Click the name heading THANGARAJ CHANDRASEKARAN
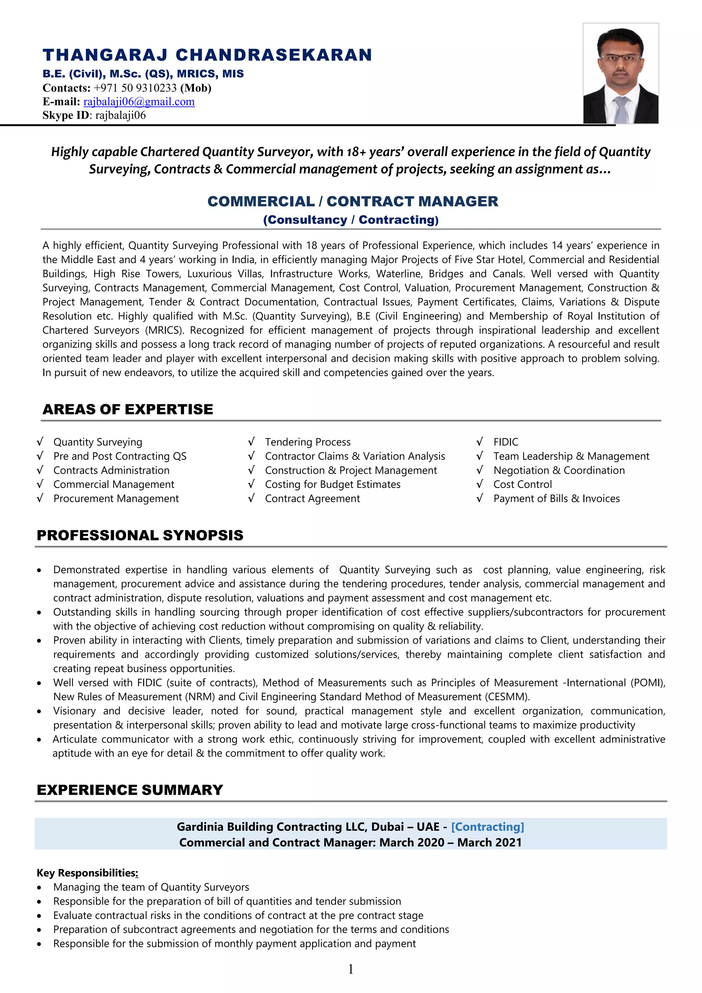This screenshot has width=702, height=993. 207,55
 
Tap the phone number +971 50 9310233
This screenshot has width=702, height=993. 135,88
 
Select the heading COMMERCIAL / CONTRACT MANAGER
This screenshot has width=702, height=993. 353,201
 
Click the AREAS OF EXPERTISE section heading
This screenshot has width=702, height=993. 128,409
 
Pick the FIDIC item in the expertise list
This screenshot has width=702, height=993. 505,442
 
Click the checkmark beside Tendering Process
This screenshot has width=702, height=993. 251,442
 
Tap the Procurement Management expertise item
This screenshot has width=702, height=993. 116,499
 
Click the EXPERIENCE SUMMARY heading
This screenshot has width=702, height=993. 130,790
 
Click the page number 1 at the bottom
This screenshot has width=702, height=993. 351,969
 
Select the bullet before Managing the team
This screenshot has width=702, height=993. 39,887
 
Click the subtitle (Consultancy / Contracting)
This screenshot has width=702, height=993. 351,220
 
